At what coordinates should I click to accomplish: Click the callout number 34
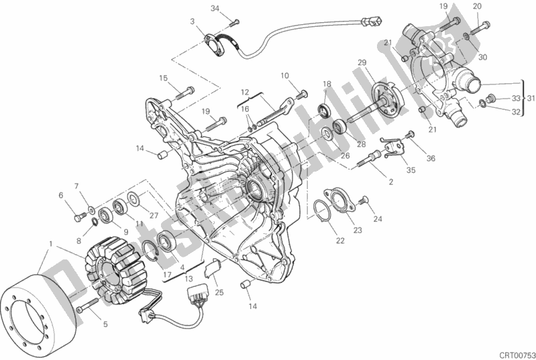pos(215,8)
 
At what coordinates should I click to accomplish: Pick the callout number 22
pos(340,241)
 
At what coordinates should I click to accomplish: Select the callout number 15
pos(163,78)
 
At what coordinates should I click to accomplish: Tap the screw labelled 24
pos(366,200)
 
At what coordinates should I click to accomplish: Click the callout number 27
pos(154,215)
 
